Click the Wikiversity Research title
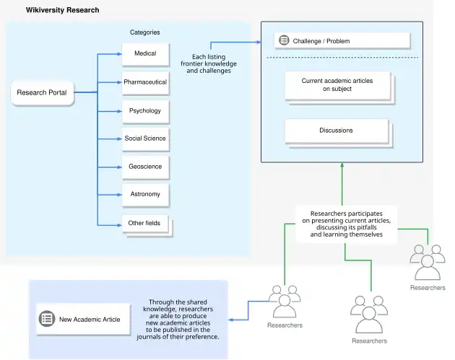(x=63, y=10)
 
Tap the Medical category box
(x=144, y=53)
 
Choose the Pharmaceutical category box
(x=144, y=82)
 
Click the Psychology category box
(x=144, y=110)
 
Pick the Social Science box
(x=144, y=138)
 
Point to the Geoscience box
(x=144, y=167)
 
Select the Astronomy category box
(x=144, y=194)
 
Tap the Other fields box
(x=144, y=223)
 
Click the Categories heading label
(x=144, y=32)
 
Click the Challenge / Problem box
(x=342, y=40)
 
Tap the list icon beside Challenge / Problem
(x=284, y=40)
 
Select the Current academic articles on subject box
(x=337, y=85)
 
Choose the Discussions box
(x=336, y=131)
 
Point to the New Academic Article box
(x=80, y=319)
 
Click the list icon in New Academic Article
(x=47, y=319)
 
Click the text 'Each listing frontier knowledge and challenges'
(x=209, y=63)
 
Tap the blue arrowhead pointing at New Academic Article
(x=230, y=318)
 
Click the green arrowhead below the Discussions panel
(x=342, y=166)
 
